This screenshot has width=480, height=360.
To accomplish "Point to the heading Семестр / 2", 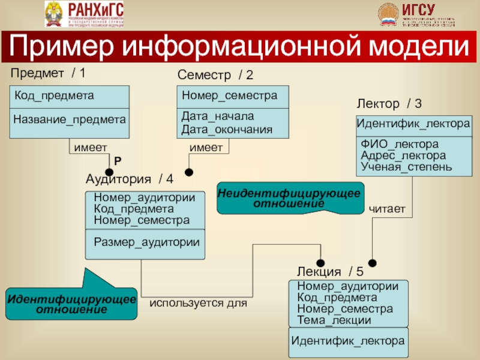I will click(215, 75).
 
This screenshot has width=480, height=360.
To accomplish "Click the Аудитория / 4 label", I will click(130, 179).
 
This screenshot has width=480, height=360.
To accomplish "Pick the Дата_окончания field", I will click(227, 129).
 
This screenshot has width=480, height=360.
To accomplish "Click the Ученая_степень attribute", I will click(406, 166).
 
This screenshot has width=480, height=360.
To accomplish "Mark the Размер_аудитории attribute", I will click(146, 242).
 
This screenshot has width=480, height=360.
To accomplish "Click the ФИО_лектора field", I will click(400, 144).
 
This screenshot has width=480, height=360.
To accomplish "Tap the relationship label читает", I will click(387, 208).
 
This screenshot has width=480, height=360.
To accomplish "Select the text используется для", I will click(199, 304).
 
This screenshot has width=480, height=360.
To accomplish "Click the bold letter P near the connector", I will click(118, 161).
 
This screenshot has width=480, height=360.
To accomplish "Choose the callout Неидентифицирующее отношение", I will click(289, 199).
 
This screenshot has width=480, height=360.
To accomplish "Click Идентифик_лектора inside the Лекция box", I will click(348, 341).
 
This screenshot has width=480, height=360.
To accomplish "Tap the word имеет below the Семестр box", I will click(206, 147).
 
